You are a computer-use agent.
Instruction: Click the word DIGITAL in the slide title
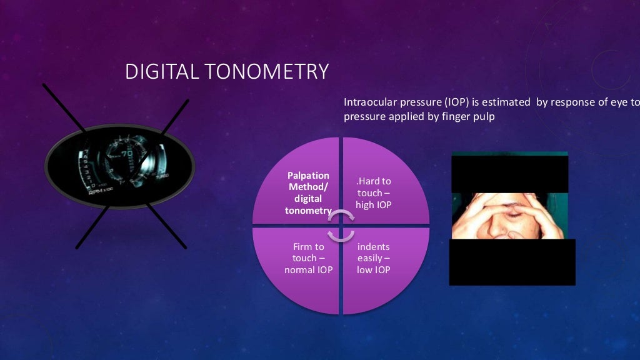[x=160, y=71]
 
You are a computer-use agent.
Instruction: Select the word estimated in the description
[x=505, y=102]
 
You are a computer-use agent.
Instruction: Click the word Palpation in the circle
[x=308, y=176]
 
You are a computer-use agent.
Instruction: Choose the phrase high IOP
[x=373, y=205]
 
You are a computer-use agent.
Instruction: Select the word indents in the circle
[x=373, y=247]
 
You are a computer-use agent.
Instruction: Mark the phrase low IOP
[x=373, y=270]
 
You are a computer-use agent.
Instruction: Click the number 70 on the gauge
[x=127, y=153]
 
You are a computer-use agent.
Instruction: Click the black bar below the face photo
[x=512, y=262]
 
